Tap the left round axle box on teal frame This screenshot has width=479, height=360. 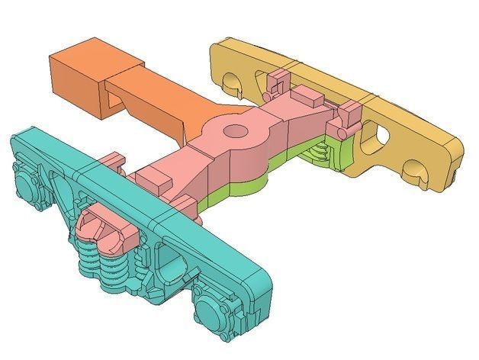pos(28,187)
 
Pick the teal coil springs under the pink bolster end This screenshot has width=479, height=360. pos(103,263)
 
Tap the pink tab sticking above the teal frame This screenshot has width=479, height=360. pos(113,162)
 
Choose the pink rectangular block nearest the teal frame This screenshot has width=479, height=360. pos(156,182)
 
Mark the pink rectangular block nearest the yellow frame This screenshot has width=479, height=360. pos(309,97)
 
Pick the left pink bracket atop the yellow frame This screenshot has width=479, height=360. pos(278,78)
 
